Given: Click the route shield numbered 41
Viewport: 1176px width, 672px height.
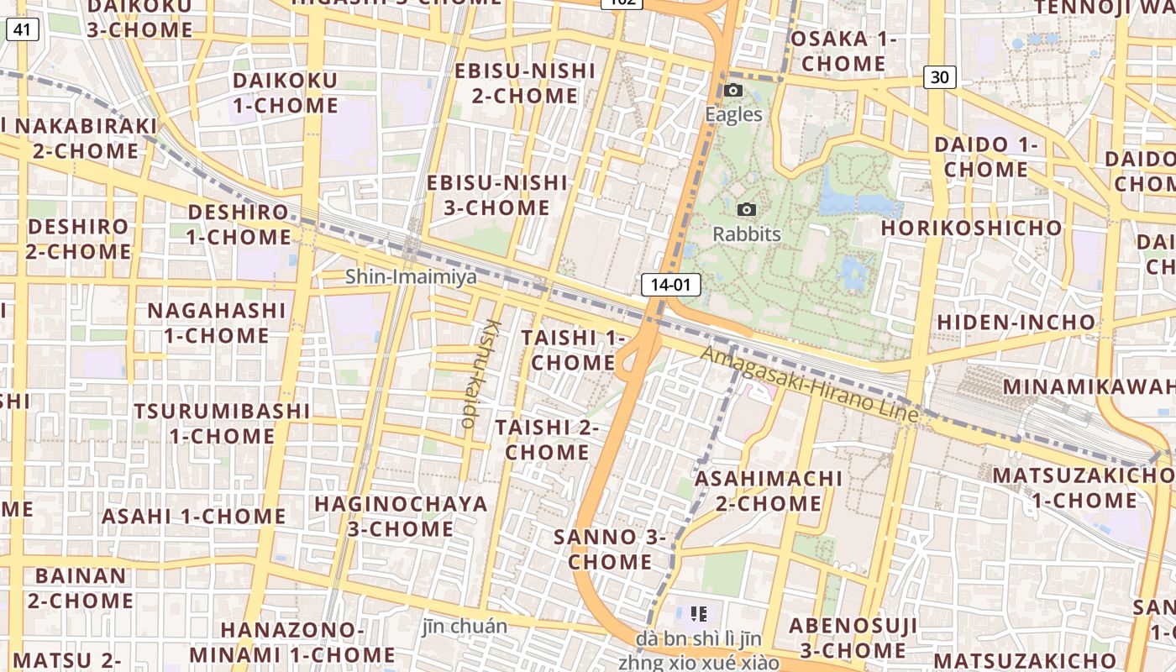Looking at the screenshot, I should coord(22,31).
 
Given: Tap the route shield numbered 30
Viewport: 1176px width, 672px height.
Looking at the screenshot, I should coord(940,77).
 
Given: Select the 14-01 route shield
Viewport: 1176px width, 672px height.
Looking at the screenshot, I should coord(670,285).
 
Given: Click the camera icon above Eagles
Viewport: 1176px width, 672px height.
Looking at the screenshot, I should coord(733,91).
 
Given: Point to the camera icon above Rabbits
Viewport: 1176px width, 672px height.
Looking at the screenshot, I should coord(746,210).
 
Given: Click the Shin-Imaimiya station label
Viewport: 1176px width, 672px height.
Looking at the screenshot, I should coord(411,276).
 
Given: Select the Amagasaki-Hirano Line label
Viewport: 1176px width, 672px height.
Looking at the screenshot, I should coord(809,385).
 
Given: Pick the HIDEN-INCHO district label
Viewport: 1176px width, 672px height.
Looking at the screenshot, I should coord(1016,322).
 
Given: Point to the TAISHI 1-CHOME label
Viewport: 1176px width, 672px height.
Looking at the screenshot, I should coord(574,350).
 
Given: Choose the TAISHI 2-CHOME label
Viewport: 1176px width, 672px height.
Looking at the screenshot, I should coord(547,439).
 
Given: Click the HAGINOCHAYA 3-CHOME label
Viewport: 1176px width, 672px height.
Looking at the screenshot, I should coord(401,517).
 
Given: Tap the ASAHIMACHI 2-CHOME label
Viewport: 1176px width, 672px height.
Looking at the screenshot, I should coord(769,491).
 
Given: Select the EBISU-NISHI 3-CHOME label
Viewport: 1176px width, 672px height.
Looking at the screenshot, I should coord(497,195).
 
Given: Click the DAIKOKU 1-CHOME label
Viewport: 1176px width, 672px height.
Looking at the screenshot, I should coord(286,93).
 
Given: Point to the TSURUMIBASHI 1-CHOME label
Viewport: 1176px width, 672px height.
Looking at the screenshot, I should coord(223,423).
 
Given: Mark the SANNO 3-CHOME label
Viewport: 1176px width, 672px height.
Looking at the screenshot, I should coord(610,549).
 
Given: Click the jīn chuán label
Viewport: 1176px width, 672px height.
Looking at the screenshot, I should coord(465,626).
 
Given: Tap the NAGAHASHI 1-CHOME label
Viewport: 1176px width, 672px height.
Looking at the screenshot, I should coord(217,323).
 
